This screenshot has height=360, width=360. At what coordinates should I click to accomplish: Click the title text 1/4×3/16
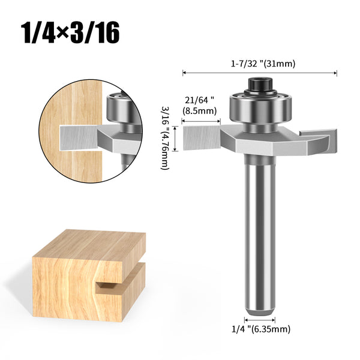coord(70,32)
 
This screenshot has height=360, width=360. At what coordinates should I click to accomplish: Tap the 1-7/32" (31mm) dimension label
coord(263,64)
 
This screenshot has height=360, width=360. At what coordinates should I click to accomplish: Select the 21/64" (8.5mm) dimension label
coord(200,106)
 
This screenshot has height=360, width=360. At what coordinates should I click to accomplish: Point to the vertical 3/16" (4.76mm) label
coord(165,138)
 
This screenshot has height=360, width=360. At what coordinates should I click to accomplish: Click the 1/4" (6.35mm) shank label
coord(261,329)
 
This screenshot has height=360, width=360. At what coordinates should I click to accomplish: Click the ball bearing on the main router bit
coord(260,107)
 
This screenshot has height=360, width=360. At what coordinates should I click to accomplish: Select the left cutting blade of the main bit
coord(202,138)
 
